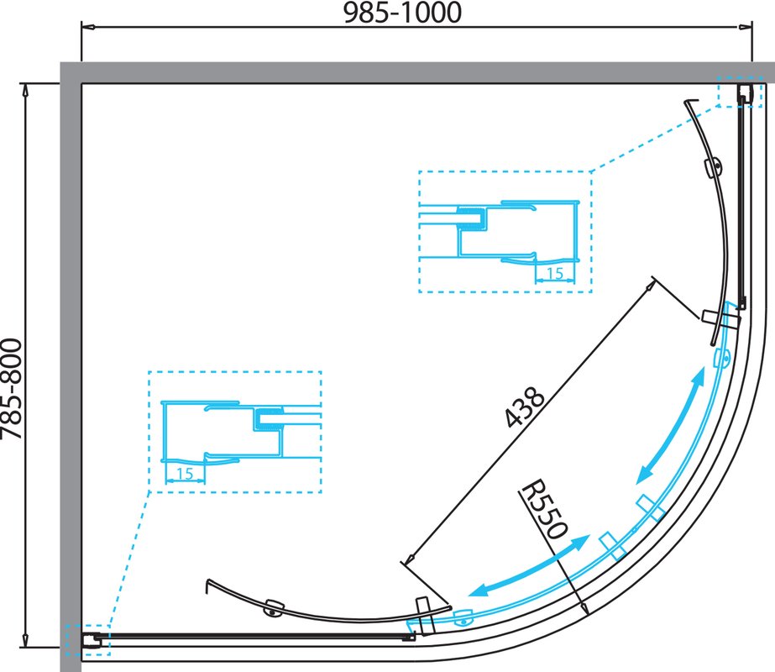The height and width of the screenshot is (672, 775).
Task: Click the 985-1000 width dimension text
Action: [x=402, y=13]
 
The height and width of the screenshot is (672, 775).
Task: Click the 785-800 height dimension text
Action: [x=12, y=389]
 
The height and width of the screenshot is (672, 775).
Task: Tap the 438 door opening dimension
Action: [x=525, y=407]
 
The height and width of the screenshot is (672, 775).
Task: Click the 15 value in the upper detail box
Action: [x=555, y=273]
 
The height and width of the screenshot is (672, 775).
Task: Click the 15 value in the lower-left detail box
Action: [x=185, y=474]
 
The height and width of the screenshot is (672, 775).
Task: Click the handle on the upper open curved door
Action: [x=714, y=168]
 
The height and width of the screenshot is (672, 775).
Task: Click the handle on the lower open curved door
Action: [x=274, y=607]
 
